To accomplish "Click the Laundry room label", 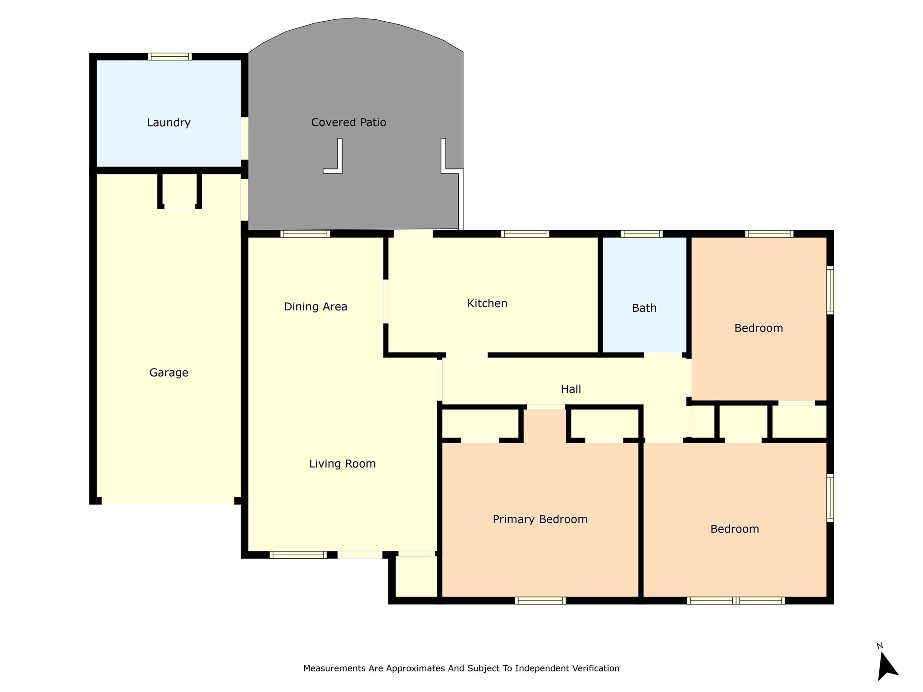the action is click(169, 123).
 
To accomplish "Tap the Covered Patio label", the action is click(348, 122).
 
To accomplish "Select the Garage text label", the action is click(169, 373).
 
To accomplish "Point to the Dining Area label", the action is click(315, 307).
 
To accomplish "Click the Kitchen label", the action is click(487, 303).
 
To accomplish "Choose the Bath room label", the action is click(644, 308).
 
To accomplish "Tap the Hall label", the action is click(571, 389).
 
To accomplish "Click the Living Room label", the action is click(342, 464).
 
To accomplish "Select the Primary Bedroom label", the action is click(540, 519).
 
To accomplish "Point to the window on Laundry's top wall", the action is click(170, 56).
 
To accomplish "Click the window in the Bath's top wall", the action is click(641, 234).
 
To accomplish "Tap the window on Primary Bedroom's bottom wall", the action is click(540, 600).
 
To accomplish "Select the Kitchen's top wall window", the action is click(525, 234).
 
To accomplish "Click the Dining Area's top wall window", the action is click(305, 234).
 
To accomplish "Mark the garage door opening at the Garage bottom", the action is click(168, 501).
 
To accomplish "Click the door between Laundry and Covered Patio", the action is click(244, 139).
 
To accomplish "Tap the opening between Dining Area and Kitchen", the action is click(386, 301).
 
